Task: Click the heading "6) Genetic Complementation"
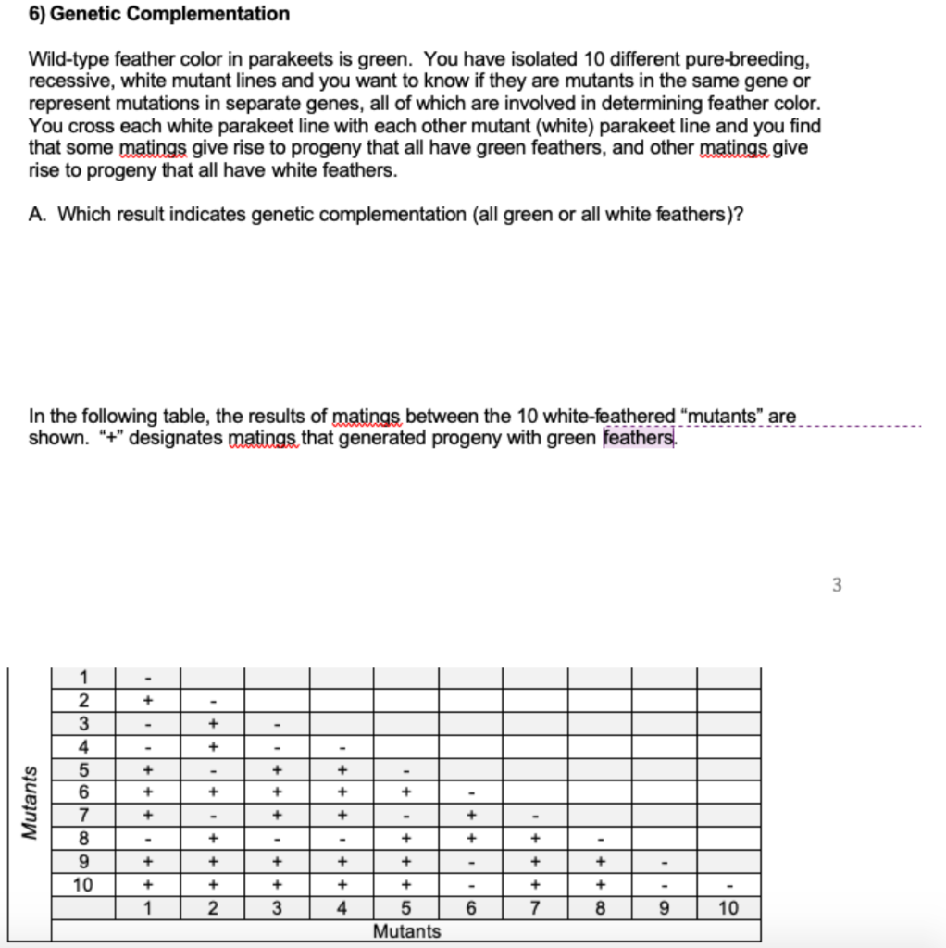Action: point(158,14)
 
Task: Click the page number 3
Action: point(837,585)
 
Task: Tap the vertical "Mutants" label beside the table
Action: point(31,803)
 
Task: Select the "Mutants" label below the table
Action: point(406,931)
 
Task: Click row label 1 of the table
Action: point(83,678)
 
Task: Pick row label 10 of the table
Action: point(83,884)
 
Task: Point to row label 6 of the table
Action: point(83,792)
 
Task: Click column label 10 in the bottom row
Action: point(728,908)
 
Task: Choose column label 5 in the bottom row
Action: point(406,908)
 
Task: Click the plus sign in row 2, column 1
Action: point(147,701)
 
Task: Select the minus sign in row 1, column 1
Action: point(147,679)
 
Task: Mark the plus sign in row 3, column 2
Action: point(212,723)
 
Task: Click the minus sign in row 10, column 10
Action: point(728,885)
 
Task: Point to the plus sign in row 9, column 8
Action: point(600,862)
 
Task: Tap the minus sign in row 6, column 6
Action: point(470,793)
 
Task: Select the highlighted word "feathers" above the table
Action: point(639,437)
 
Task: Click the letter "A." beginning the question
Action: point(38,215)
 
